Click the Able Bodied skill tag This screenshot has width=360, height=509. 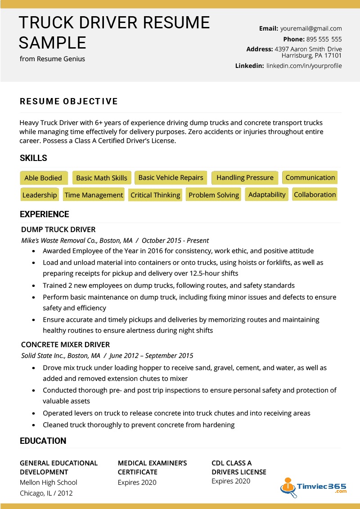pyautogui.click(x=43, y=178)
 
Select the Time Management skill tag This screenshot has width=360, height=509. pyautogui.click(x=94, y=195)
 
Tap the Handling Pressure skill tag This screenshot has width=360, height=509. pyautogui.click(x=245, y=178)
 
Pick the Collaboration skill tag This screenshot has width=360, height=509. pyautogui.click(x=315, y=195)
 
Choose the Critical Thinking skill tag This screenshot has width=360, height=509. pyautogui.click(x=155, y=195)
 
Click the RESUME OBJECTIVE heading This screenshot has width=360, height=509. pyautogui.click(x=69, y=102)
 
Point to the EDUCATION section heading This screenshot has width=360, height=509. pyautogui.click(x=43, y=441)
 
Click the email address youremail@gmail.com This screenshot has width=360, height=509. pyautogui.click(x=311, y=28)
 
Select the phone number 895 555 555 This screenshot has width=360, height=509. pyautogui.click(x=324, y=39)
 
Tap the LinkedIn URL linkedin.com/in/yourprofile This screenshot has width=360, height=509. pyautogui.click(x=304, y=66)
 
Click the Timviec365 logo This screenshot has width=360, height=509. pyautogui.click(x=314, y=488)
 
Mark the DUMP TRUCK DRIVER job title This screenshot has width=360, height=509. pyautogui.click(x=58, y=230)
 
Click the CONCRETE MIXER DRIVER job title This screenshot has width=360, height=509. pyautogui.click(x=66, y=345)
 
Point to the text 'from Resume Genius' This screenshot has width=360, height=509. pyautogui.click(x=52, y=59)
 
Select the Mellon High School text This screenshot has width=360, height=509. pyautogui.click(x=49, y=482)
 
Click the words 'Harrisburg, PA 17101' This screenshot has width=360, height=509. pyautogui.click(x=311, y=56)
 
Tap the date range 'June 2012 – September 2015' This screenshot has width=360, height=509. pyautogui.click(x=151, y=356)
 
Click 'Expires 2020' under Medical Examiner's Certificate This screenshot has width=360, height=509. pyautogui.click(x=137, y=482)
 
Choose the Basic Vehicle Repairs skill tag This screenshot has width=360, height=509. pyautogui.click(x=171, y=178)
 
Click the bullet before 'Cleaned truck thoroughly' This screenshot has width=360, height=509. pyautogui.click(x=34, y=425)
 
